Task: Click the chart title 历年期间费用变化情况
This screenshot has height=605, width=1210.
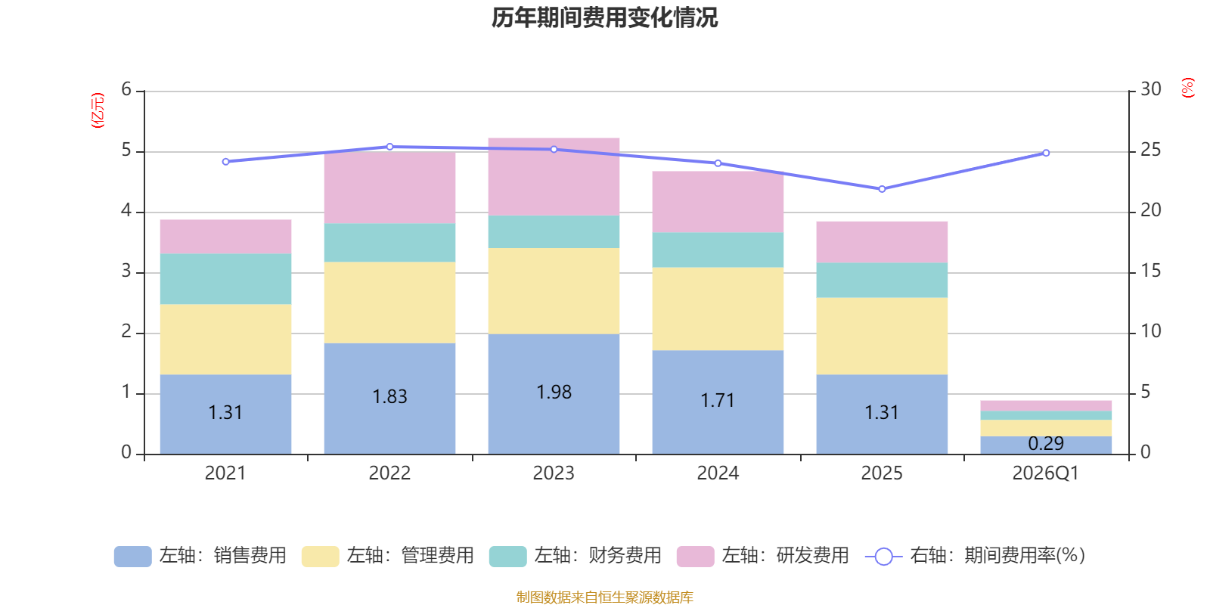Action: (604, 18)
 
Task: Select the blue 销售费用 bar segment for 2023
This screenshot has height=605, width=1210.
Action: (554, 394)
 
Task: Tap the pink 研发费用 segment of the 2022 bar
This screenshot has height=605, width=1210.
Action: (389, 188)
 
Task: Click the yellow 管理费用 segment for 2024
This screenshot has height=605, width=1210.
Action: (718, 309)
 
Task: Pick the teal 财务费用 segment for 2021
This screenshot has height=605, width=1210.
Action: (226, 279)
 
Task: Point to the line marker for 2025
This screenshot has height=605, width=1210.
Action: (882, 189)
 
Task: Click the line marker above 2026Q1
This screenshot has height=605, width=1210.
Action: (1047, 153)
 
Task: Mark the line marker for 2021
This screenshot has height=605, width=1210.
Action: (226, 162)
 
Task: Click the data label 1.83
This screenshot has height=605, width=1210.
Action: (389, 396)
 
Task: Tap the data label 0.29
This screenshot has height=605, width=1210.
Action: (1046, 443)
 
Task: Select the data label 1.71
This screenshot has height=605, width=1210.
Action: (718, 400)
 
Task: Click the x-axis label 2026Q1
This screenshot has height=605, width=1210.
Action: (1046, 473)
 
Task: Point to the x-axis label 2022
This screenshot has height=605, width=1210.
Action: (389, 473)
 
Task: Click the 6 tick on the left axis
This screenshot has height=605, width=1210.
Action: (126, 89)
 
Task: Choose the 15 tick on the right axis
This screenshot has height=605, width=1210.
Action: (1150, 271)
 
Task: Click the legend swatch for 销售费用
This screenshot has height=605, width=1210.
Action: (133, 557)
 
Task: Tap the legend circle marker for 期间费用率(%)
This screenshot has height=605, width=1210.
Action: (884, 557)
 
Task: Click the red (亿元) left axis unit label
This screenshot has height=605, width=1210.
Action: (98, 110)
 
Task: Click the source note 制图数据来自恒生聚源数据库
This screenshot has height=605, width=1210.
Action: (604, 597)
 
